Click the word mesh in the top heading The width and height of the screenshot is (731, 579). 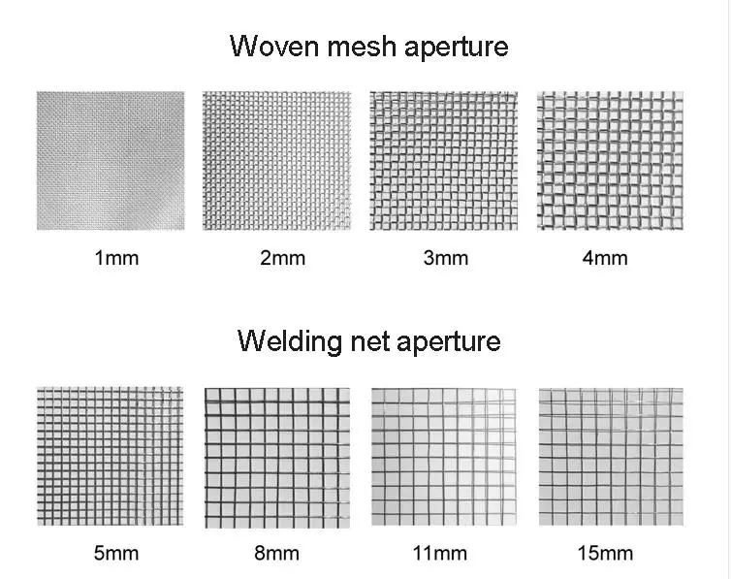click(356, 47)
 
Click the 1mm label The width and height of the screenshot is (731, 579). click(116, 258)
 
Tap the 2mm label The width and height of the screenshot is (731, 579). click(282, 258)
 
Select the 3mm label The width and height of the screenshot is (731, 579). click(445, 258)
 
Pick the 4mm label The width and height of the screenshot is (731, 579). click(605, 258)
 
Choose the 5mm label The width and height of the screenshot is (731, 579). click(116, 554)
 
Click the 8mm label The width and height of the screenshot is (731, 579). click(278, 554)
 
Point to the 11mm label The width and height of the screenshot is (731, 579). click(442, 554)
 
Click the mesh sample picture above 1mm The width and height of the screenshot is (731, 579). click(111, 161)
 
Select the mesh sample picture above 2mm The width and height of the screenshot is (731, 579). click(276, 161)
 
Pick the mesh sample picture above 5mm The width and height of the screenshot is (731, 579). click(111, 456)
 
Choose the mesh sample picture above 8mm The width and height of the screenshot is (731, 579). click(277, 457)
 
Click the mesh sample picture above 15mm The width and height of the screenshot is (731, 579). click(610, 457)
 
